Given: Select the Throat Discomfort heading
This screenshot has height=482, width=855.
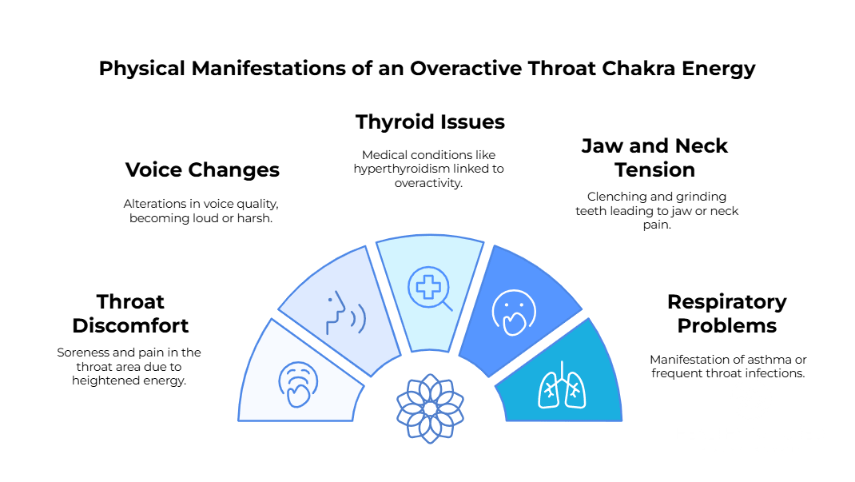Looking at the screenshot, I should click(130, 314).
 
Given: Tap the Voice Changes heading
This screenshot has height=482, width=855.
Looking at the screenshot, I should click(202, 170).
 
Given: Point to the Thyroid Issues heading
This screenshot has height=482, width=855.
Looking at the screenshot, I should click(430, 122).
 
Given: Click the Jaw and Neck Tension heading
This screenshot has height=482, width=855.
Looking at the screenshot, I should click(654, 158).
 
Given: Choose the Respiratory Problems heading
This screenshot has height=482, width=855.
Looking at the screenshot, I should click(726, 314).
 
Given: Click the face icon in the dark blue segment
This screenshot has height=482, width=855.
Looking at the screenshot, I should click(513, 310).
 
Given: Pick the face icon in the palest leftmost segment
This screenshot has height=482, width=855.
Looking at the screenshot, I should click(299, 381).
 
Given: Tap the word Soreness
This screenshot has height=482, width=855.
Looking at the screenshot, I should click(82, 353).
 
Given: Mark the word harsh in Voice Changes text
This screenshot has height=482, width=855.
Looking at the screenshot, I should click(254, 218).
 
